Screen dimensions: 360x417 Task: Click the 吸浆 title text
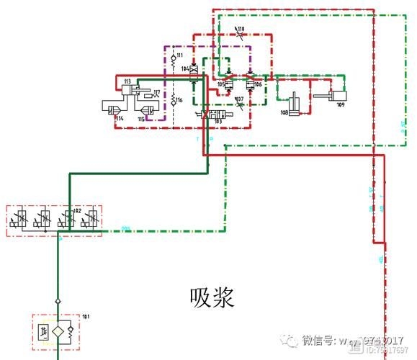[212, 297]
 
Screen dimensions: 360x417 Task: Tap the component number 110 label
[241, 29]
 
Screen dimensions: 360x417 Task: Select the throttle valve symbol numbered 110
[239, 35]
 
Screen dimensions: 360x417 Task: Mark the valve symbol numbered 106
[251, 84]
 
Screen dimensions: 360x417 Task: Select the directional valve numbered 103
[217, 114]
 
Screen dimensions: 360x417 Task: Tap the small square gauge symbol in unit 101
[44, 332]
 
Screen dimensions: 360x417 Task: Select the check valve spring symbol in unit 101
[70, 332]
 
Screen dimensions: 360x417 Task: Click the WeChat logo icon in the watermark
[290, 339]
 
